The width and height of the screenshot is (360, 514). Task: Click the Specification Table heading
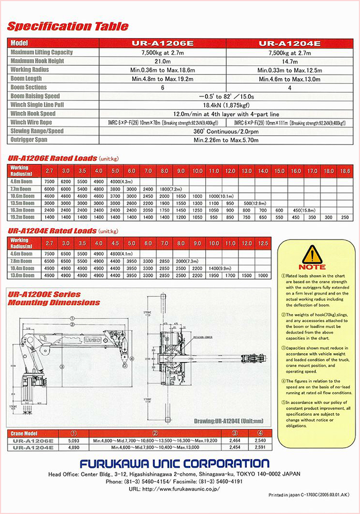(68, 27)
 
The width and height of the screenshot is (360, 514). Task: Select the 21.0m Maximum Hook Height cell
(163, 61)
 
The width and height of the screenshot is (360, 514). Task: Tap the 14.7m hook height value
(290, 61)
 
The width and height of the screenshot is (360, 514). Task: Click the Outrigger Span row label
(35, 140)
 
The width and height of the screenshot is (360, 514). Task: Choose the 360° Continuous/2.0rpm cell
(226, 131)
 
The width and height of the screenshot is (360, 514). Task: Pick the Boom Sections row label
(32, 87)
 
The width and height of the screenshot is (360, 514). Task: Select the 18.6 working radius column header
(345, 171)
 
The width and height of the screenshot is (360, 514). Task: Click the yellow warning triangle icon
(312, 254)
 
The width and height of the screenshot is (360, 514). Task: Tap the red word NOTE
(312, 267)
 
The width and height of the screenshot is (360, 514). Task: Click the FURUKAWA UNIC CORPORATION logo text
(174, 463)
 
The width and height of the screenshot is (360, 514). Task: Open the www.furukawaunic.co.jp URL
(180, 489)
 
